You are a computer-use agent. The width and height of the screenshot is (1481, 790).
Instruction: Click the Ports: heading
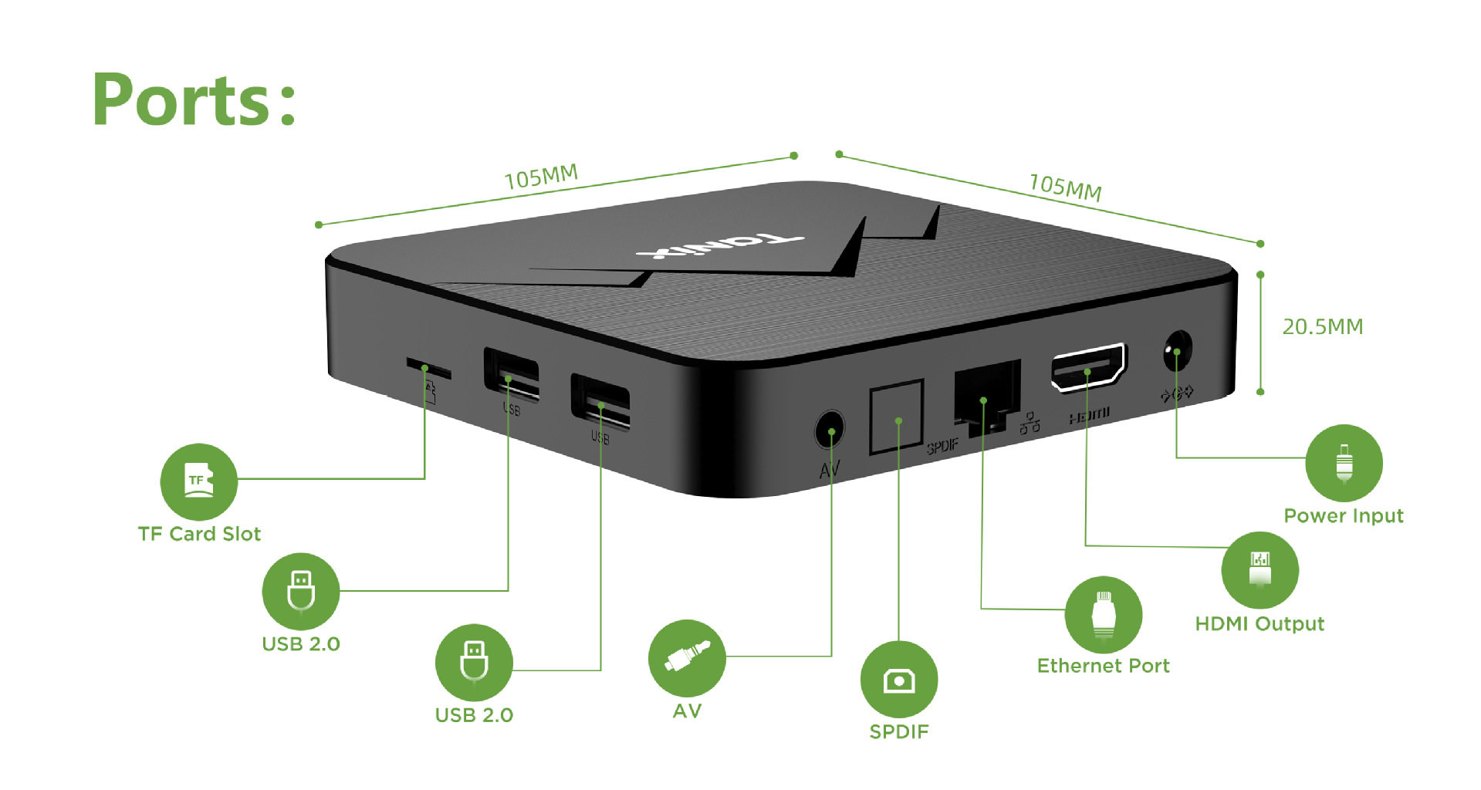coord(194,100)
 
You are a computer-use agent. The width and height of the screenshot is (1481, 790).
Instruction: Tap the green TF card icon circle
coord(198,481)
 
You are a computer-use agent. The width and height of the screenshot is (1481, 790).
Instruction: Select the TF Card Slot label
coord(199,534)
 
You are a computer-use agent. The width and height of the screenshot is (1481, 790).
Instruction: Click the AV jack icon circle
coord(687,658)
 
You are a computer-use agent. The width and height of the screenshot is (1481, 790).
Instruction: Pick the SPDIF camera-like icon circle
coord(898,680)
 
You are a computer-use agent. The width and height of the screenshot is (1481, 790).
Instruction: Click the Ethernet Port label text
coord(1103,666)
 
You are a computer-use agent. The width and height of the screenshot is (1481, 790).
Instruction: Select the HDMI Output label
coord(1260,624)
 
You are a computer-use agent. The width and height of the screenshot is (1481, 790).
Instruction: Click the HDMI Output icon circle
coord(1260,570)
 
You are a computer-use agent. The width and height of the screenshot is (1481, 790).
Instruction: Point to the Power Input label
coord(1343,516)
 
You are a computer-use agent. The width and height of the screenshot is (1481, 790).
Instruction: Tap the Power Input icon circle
coord(1344,463)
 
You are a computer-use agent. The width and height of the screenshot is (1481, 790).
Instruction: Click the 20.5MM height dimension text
coord(1322,327)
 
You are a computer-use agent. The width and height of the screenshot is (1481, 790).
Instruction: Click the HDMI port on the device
coord(1088,367)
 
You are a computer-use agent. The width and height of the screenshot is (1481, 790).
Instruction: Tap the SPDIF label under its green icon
coord(898,732)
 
